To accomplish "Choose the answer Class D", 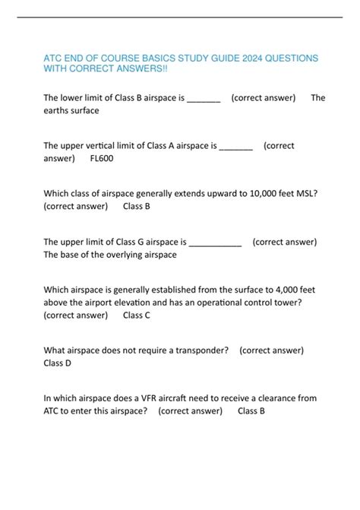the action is pyautogui.click(x=58, y=363).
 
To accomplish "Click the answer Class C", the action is pyautogui.click(x=137, y=315).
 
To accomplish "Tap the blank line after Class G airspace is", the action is pyautogui.click(x=215, y=242).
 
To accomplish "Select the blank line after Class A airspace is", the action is pyautogui.click(x=235, y=145).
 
